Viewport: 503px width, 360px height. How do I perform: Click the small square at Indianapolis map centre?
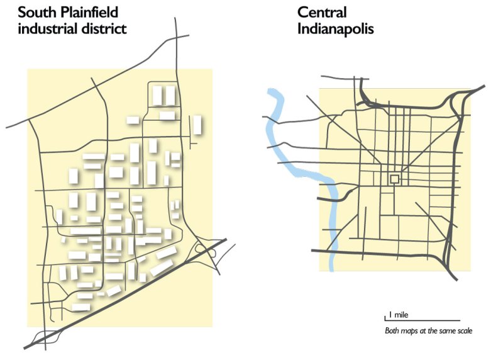tap(394, 179)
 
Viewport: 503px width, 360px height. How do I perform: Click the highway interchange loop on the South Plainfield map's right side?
tap(206, 252)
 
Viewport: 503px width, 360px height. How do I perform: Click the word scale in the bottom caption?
tap(462, 331)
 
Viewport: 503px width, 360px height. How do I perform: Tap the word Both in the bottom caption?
tap(392, 331)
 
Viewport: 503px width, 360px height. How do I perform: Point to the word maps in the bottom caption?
tap(409, 331)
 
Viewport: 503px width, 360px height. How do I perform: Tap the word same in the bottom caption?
tap(446, 331)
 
